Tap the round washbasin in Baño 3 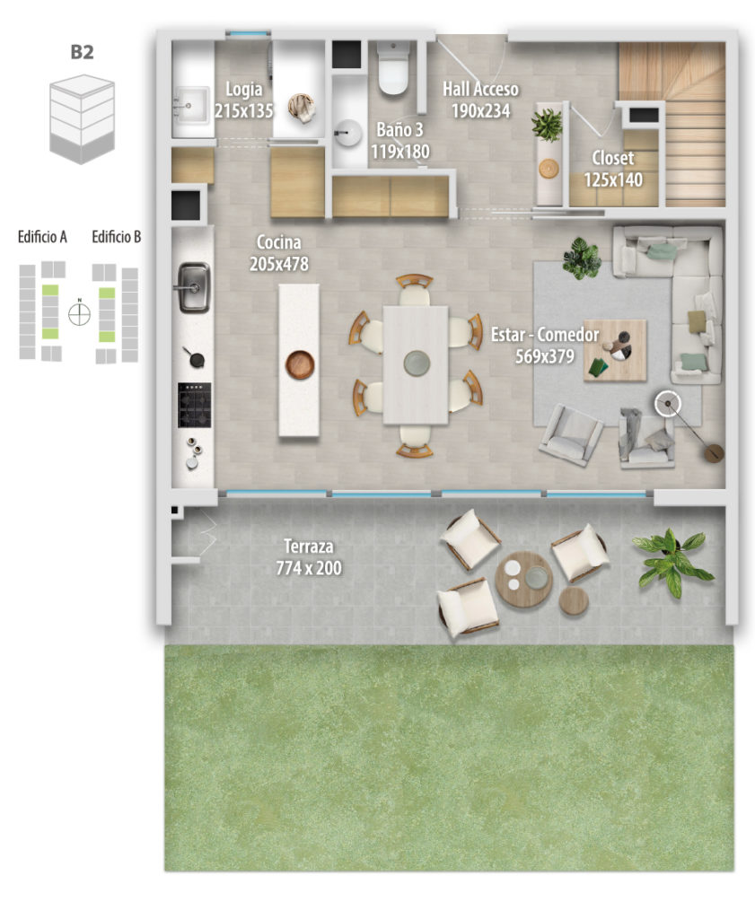[x=348, y=133]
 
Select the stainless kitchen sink [x=193, y=287]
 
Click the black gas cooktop [x=195, y=406]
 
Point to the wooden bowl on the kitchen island [x=300, y=364]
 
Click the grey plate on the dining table [x=417, y=363]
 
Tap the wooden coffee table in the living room [x=615, y=351]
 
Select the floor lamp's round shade [x=668, y=404]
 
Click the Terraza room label [x=308, y=547]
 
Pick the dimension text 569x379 [x=545, y=356]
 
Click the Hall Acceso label [x=480, y=89]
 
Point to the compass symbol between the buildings [x=79, y=313]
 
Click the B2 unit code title [x=82, y=51]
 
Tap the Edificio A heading [x=42, y=237]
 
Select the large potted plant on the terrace [x=672, y=560]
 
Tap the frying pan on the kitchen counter [x=194, y=357]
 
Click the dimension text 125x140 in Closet [x=613, y=179]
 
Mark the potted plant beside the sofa [x=582, y=258]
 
